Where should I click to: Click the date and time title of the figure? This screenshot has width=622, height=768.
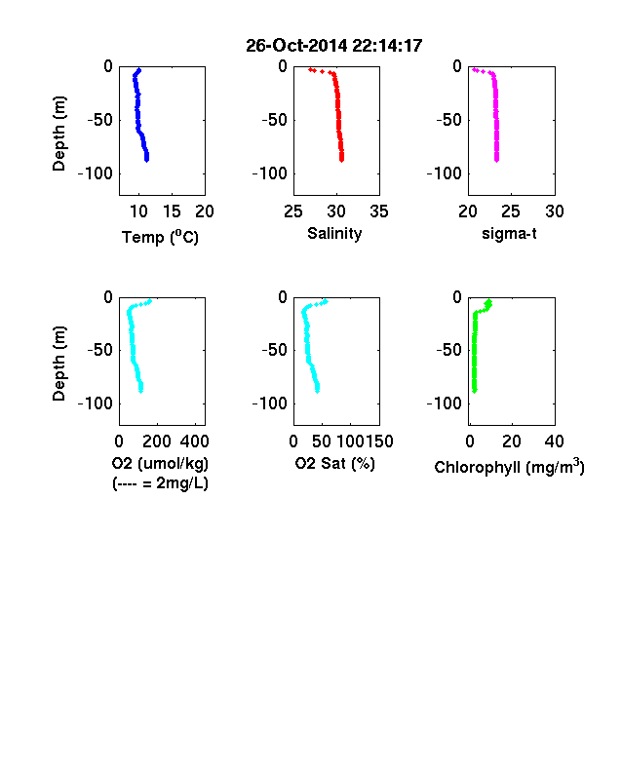334,46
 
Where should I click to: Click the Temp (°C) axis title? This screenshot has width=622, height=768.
160,237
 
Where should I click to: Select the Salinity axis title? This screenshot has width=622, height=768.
334,234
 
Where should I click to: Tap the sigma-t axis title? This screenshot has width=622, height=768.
509,234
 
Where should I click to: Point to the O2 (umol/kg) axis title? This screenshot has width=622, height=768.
160,463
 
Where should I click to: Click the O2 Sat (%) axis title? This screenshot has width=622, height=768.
334,463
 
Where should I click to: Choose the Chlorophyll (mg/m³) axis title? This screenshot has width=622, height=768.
509,467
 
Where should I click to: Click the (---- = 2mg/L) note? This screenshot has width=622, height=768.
160,483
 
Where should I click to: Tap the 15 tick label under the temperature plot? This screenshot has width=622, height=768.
172,211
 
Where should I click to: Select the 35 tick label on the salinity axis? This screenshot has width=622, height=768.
379,211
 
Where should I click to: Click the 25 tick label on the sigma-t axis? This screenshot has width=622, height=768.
510,211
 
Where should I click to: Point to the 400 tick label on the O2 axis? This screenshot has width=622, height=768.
194,442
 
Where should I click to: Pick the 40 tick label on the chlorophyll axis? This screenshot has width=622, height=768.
554,442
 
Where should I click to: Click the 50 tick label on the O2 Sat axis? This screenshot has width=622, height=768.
322,442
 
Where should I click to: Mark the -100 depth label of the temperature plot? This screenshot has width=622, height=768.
95,173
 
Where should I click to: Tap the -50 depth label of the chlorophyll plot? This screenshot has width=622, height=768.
449,350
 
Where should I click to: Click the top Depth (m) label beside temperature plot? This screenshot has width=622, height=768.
58,134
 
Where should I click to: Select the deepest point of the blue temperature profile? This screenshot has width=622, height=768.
146,159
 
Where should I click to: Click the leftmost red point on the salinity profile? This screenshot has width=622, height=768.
310,70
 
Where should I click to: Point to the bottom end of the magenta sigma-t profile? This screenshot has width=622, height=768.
496,160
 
